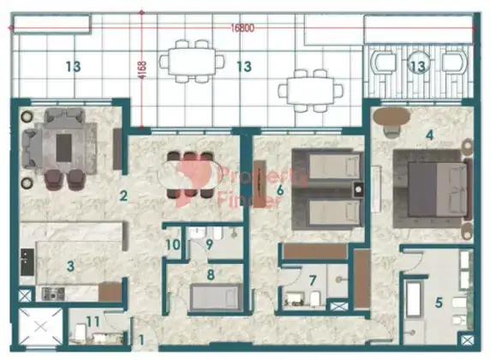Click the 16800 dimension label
[242, 28]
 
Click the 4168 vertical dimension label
[142, 70]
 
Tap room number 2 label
[123, 196]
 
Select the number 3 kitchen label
[70, 266]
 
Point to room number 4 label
[430, 135]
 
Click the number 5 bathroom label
[439, 303]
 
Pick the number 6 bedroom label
[280, 189]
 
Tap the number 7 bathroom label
[313, 280]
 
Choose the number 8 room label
[211, 274]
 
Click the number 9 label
[209, 244]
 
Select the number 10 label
[173, 244]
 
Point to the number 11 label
[93, 321]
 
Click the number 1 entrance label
[141, 340]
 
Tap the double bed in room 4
[438, 189]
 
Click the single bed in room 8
[216, 297]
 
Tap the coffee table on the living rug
[63, 147]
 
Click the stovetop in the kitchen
[53, 294]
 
